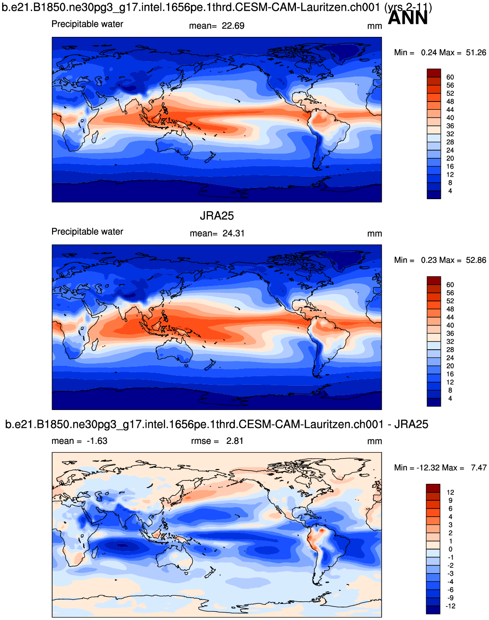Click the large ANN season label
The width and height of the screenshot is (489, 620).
coord(407,18)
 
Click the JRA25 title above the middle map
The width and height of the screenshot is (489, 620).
coord(217,216)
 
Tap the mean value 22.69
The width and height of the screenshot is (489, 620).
coord(233,26)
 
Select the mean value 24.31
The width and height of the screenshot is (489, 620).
coord(233,233)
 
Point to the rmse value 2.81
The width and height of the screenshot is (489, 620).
coord(235,441)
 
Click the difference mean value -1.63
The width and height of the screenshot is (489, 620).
coord(97,441)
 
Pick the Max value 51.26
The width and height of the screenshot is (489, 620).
coord(476,52)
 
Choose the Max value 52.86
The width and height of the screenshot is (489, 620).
coord(476,260)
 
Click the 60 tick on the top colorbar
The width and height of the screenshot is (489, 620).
coord(450,77)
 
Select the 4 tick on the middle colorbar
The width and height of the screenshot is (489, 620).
coord(450,398)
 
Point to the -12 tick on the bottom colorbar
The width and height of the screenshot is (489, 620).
coord(450,606)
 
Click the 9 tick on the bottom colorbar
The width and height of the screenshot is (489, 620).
coord(450,500)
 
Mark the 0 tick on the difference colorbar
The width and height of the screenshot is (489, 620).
coord(450,549)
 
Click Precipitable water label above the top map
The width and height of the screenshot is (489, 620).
coord(87,24)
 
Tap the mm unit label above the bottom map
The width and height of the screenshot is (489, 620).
coord(374,441)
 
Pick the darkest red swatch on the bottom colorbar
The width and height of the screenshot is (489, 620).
coord(433,488)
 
